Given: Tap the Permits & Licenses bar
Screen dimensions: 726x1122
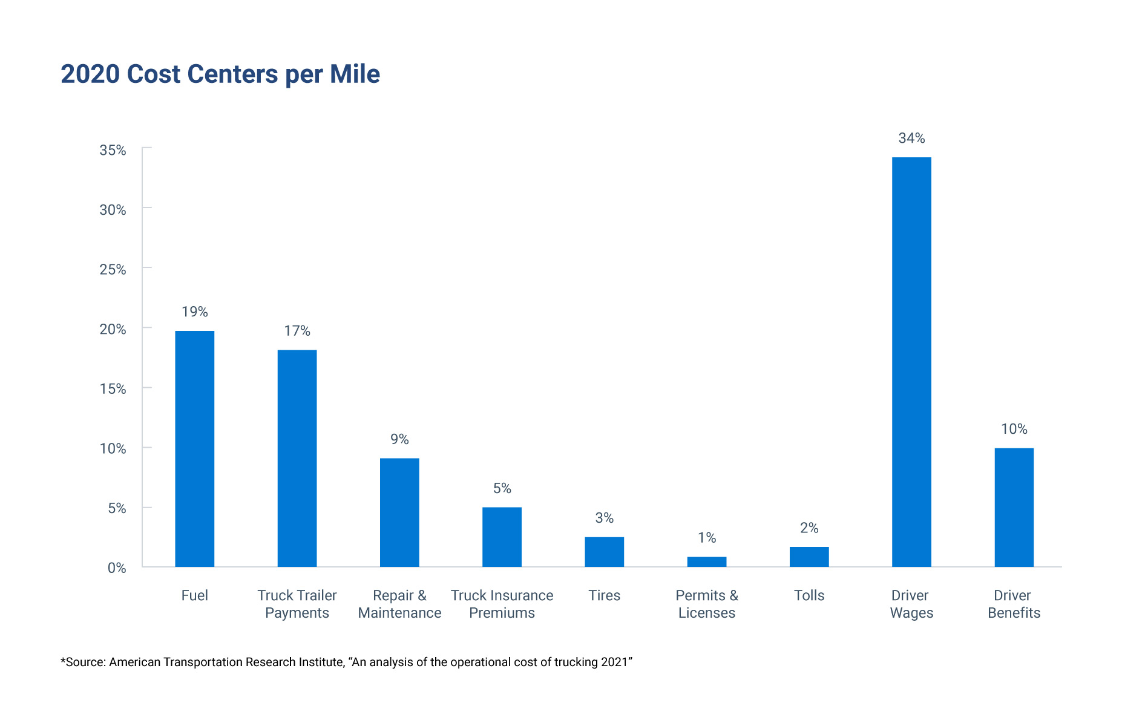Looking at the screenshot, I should [x=706, y=561].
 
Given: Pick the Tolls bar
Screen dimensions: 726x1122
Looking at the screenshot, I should [x=809, y=557].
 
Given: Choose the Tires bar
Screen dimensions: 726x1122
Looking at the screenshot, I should [x=604, y=552].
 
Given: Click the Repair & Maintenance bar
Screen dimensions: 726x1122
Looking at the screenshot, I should [x=399, y=512].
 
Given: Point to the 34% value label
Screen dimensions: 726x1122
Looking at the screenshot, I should [x=911, y=139].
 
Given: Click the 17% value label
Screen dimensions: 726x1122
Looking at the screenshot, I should [x=297, y=331].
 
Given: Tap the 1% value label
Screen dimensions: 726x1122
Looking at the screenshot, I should [x=706, y=538].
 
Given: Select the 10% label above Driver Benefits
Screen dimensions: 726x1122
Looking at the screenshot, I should [x=1014, y=430].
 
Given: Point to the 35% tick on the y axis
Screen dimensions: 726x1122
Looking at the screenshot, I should [x=113, y=150].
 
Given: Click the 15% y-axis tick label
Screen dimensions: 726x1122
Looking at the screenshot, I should [x=113, y=389].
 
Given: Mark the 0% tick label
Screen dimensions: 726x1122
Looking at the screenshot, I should [x=117, y=568].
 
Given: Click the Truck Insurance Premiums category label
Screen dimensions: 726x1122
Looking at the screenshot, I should [x=502, y=604].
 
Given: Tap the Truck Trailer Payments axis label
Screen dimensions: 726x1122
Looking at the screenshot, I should [x=297, y=604].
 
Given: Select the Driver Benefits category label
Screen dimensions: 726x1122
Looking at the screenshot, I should [x=1014, y=604].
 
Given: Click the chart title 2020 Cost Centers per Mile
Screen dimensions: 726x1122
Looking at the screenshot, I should [x=220, y=74].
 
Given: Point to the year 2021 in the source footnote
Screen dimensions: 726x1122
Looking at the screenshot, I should [x=614, y=662].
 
